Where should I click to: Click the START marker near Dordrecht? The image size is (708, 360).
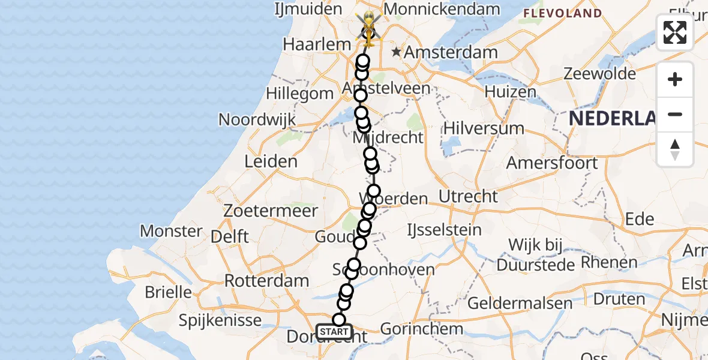(334, 332)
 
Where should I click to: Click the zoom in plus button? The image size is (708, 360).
(675, 80)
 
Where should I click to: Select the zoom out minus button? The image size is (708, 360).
(675, 115)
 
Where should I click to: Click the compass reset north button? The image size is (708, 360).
(675, 149)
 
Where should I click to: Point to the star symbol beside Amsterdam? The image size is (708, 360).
(396, 52)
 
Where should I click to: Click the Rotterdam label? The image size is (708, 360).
(267, 280)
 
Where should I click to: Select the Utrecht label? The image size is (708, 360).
(468, 196)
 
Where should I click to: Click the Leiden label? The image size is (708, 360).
(271, 161)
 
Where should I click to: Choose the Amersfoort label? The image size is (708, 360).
(552, 163)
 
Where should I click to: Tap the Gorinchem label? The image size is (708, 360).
(421, 329)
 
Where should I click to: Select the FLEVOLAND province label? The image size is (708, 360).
(562, 13)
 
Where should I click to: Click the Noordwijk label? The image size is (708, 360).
(257, 119)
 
